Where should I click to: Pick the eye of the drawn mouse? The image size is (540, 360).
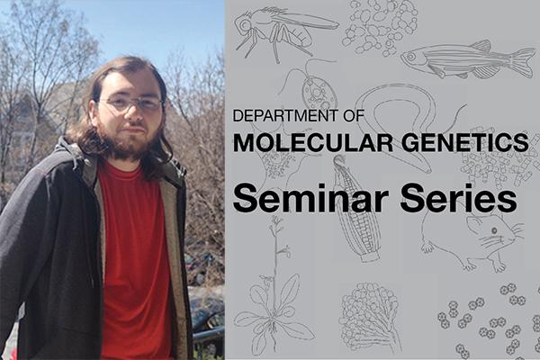[494, 230]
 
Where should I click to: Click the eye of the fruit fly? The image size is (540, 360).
[246, 24]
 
